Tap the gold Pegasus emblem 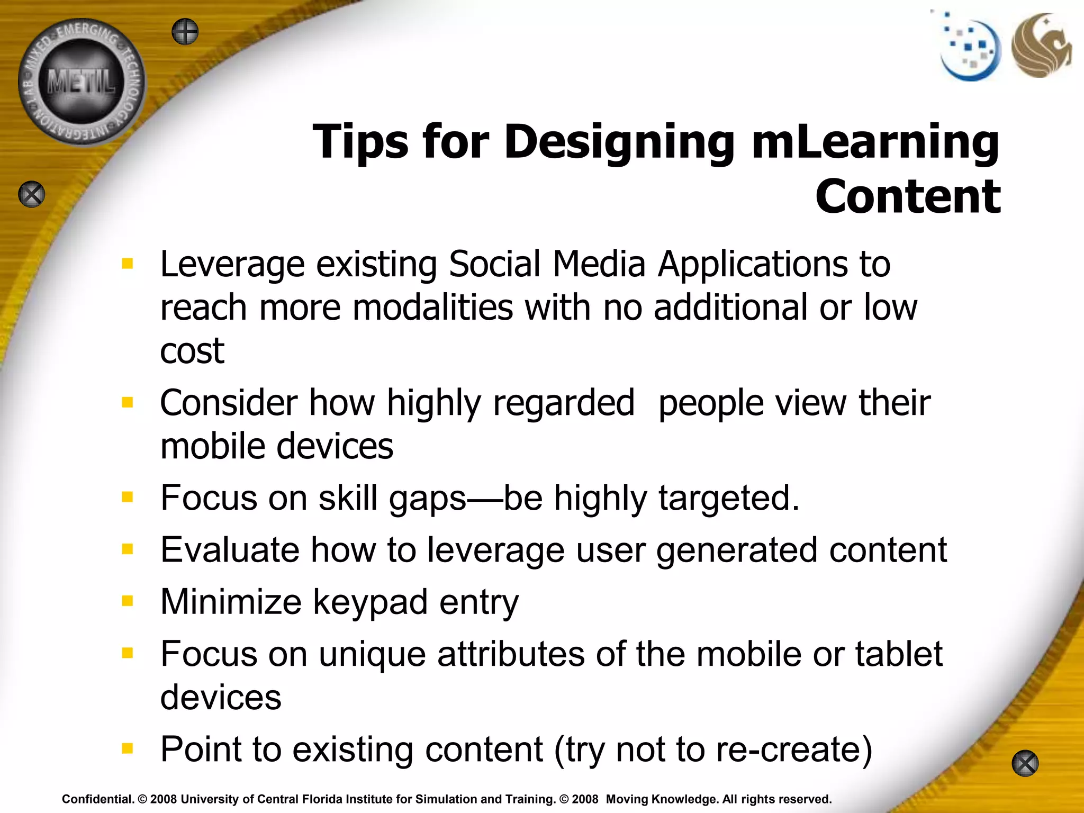pos(1041,46)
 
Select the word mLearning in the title pos(875,142)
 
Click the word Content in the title pos(908,197)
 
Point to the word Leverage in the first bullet pos(232,265)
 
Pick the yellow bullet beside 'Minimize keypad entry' pos(128,601)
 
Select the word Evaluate pos(229,550)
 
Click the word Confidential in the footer pos(97,799)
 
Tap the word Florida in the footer pos(321,799)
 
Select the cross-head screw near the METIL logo pos(185,32)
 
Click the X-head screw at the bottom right pos(1025,764)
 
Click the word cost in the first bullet pos(192,351)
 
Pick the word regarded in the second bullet pos(564,403)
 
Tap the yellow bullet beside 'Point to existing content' pos(128,748)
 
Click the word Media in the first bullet pos(599,265)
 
